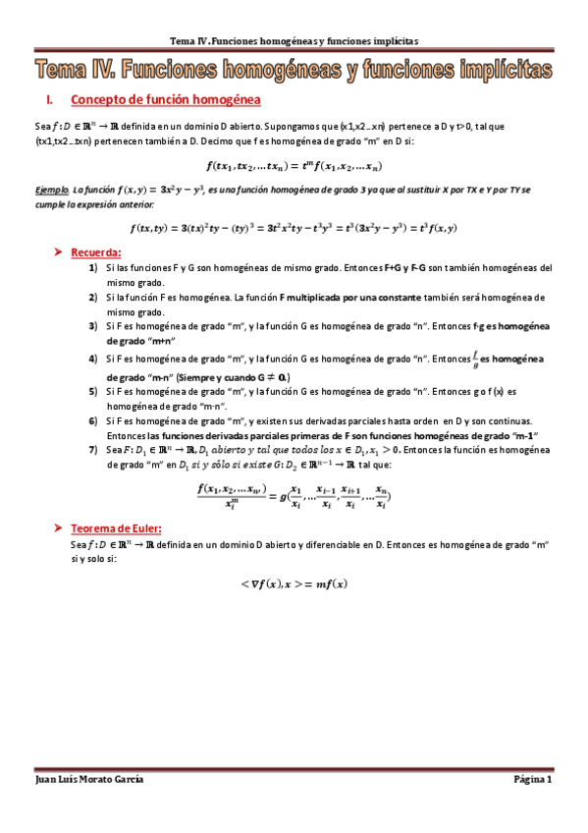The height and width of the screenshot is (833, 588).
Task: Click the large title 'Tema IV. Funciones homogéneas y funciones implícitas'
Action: click(x=294, y=70)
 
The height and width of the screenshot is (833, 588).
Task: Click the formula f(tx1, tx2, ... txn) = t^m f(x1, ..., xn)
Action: click(x=294, y=165)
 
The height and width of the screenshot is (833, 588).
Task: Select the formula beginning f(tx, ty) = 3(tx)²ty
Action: click(x=294, y=228)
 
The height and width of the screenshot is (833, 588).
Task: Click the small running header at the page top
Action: click(x=294, y=41)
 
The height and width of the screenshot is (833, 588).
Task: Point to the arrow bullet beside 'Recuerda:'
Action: click(x=59, y=252)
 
